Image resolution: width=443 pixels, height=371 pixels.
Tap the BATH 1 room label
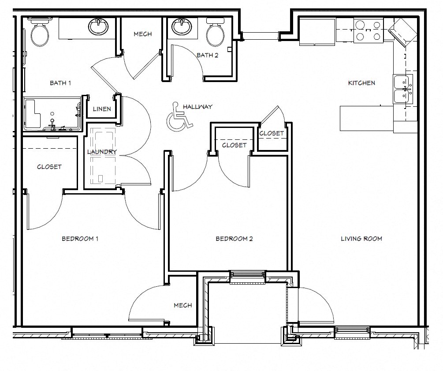[x=60, y=82]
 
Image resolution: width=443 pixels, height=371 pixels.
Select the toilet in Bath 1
[x=41, y=33]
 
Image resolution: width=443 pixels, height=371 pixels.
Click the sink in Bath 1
[x=98, y=27]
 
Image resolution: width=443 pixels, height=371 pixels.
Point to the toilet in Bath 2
[x=216, y=34]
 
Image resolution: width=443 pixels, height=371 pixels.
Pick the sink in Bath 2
[x=181, y=27]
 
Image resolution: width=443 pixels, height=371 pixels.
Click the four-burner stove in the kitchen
[x=369, y=31]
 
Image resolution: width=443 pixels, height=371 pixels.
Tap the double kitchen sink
[x=403, y=89]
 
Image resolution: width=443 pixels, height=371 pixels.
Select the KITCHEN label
[x=361, y=83]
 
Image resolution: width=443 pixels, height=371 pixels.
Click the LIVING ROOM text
[x=361, y=239]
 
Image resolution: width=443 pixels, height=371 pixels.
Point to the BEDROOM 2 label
[x=234, y=239]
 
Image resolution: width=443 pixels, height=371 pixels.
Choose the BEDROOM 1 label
[x=80, y=239]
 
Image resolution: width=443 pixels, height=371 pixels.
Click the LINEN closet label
[x=102, y=109]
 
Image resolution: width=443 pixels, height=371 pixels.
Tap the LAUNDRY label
[x=102, y=152]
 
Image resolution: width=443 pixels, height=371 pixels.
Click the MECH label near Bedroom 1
[x=182, y=305]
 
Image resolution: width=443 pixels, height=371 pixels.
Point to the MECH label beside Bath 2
[x=142, y=34]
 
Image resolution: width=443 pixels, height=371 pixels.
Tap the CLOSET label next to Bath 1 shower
[x=49, y=167]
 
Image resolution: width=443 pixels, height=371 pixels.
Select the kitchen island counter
[x=366, y=118]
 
